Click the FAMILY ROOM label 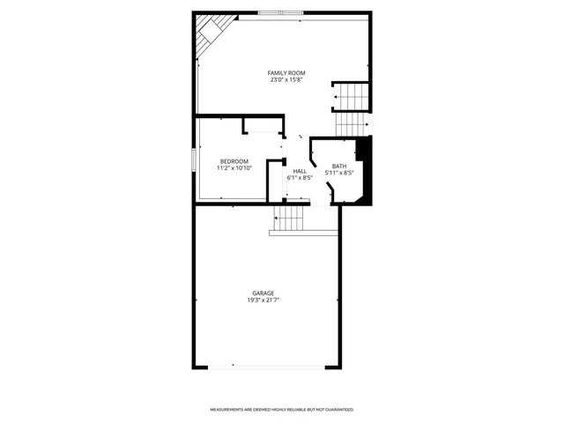click(281, 72)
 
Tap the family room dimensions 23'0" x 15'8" click(281, 80)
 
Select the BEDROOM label click(234, 160)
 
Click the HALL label click(300, 171)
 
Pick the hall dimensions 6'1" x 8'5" click(300, 178)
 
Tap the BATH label click(339, 166)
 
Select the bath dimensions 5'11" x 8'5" click(339, 173)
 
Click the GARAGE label click(263, 293)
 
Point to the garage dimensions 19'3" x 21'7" click(263, 301)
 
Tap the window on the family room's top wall click(280, 12)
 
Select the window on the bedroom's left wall click(194, 160)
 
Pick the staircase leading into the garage click(289, 219)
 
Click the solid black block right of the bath click(367, 172)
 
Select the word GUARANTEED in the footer click(337, 410)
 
